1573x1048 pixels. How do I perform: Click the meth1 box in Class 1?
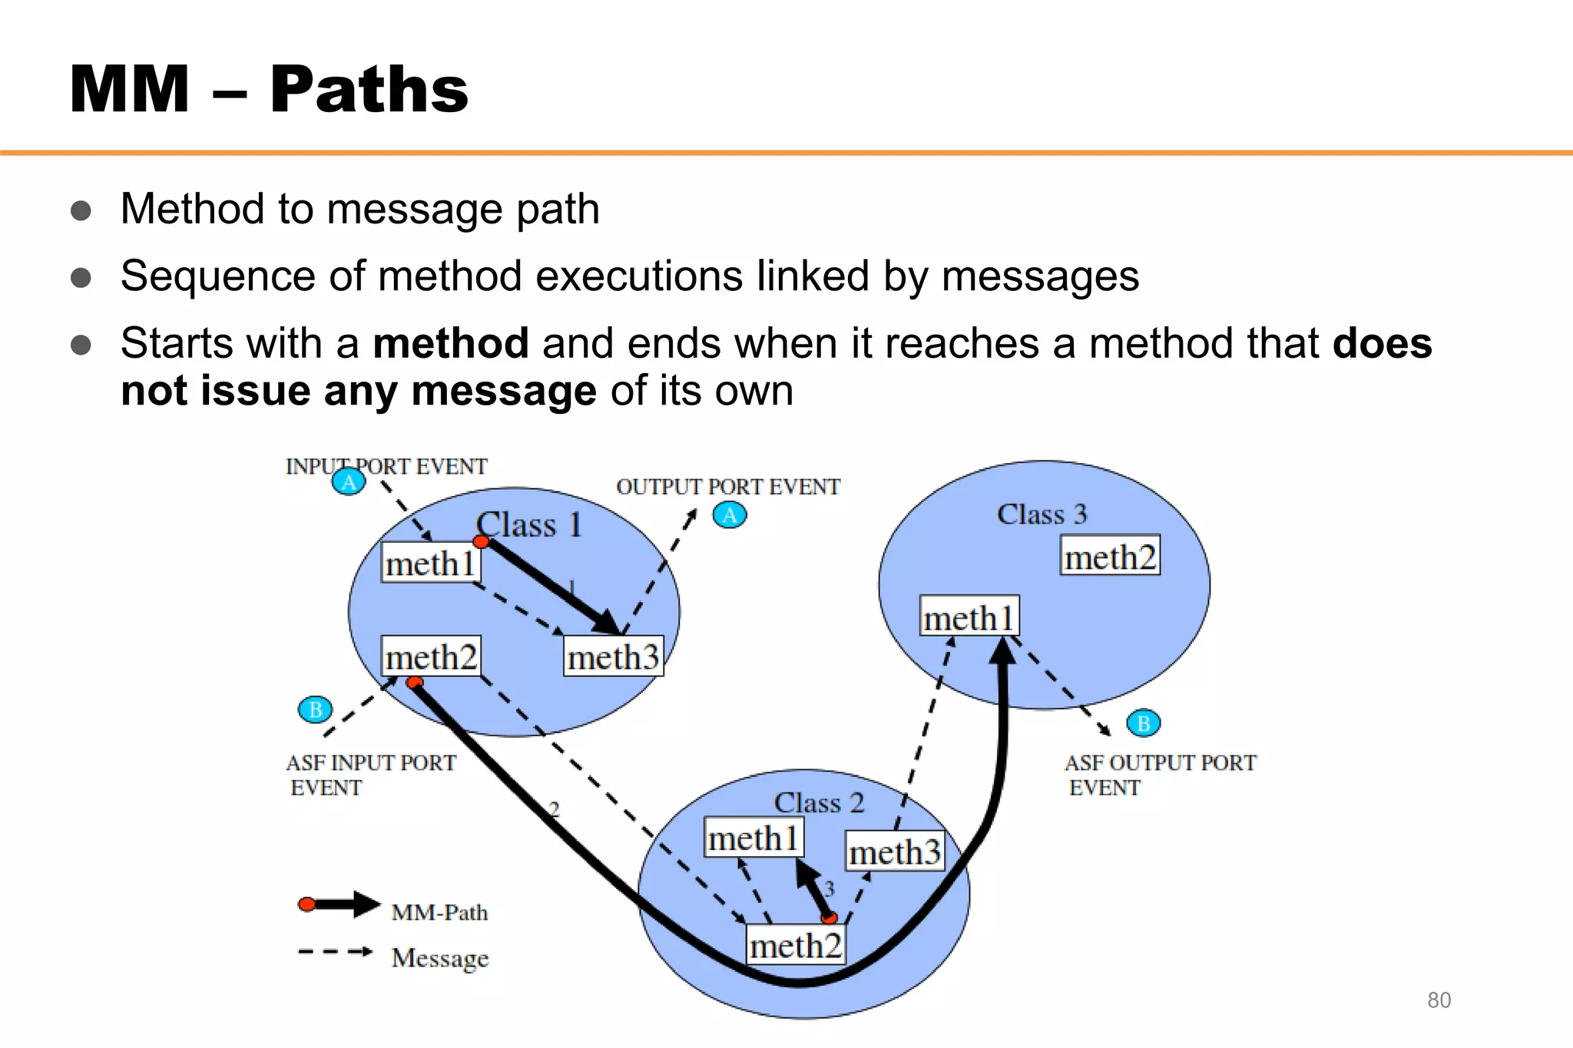(x=430, y=563)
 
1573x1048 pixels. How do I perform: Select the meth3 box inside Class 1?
(x=613, y=656)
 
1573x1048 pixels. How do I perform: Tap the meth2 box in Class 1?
(x=431, y=656)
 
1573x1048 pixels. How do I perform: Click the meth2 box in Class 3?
(x=1110, y=556)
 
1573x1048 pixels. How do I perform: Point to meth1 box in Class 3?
(x=969, y=617)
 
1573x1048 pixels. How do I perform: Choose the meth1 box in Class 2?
(x=753, y=837)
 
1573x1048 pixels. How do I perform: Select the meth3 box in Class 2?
(x=895, y=851)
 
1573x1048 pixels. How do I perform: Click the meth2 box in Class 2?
(x=796, y=945)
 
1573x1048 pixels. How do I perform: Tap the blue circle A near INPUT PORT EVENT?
(x=349, y=481)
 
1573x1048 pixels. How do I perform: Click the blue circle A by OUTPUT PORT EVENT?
(x=730, y=514)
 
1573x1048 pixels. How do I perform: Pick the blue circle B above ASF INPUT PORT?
(x=315, y=709)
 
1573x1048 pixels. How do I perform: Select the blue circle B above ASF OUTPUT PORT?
(x=1143, y=722)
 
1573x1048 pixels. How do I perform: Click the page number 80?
(x=1439, y=1000)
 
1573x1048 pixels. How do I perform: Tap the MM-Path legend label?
(x=439, y=912)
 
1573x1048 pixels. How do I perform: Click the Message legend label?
(x=439, y=957)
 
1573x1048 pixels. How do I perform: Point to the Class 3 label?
(x=1041, y=514)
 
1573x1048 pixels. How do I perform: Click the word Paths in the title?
(x=369, y=90)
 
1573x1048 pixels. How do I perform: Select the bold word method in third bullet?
(x=451, y=342)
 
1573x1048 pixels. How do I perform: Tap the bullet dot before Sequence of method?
(x=81, y=277)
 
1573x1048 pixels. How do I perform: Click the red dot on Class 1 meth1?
(x=481, y=542)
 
